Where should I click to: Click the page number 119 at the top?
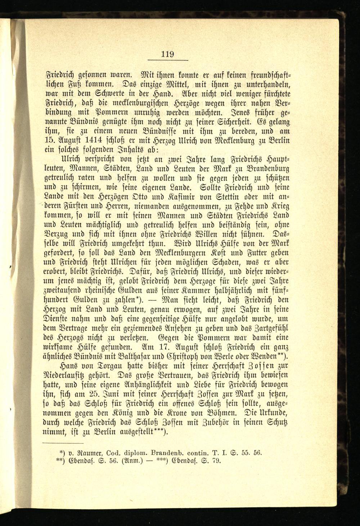tap(167, 55)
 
